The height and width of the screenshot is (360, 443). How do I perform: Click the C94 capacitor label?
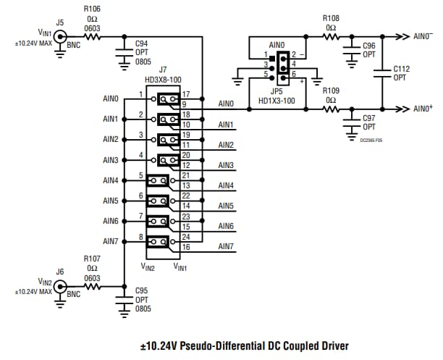tap(142, 43)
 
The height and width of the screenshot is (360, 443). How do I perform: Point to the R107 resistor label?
tap(92, 258)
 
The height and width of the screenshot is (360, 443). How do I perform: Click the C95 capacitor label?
tap(142, 290)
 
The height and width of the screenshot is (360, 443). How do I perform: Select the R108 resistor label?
tap(331, 19)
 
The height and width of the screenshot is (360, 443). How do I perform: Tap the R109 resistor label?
tap(331, 91)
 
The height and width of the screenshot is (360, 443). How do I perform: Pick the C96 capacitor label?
tap(368, 46)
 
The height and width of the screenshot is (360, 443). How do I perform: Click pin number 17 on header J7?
tap(186, 94)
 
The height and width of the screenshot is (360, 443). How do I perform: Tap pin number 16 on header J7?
tap(186, 248)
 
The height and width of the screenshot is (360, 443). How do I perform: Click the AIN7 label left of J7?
tap(110, 241)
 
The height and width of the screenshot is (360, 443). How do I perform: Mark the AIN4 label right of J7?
tap(226, 185)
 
